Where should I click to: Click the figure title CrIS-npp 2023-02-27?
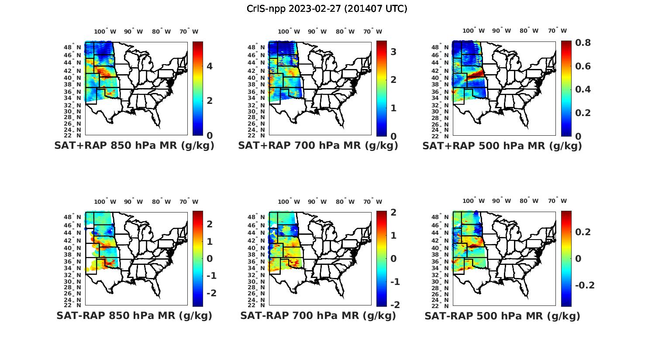[327, 8]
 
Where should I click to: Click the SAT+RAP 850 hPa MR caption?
[134, 146]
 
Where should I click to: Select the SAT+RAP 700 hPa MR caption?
[318, 146]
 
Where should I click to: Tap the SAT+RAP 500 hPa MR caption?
[502, 146]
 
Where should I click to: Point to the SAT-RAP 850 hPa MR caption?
[134, 315]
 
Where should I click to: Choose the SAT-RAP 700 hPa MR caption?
[318, 315]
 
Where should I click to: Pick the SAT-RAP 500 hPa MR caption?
[502, 316]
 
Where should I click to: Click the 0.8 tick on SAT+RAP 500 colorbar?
[583, 43]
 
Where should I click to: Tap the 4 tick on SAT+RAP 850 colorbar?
[210, 66]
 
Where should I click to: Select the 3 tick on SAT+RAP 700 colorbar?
[393, 52]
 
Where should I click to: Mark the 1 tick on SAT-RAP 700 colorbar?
[393, 236]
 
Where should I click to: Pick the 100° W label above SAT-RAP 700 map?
[289, 202]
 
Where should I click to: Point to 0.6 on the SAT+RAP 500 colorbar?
[583, 66]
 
